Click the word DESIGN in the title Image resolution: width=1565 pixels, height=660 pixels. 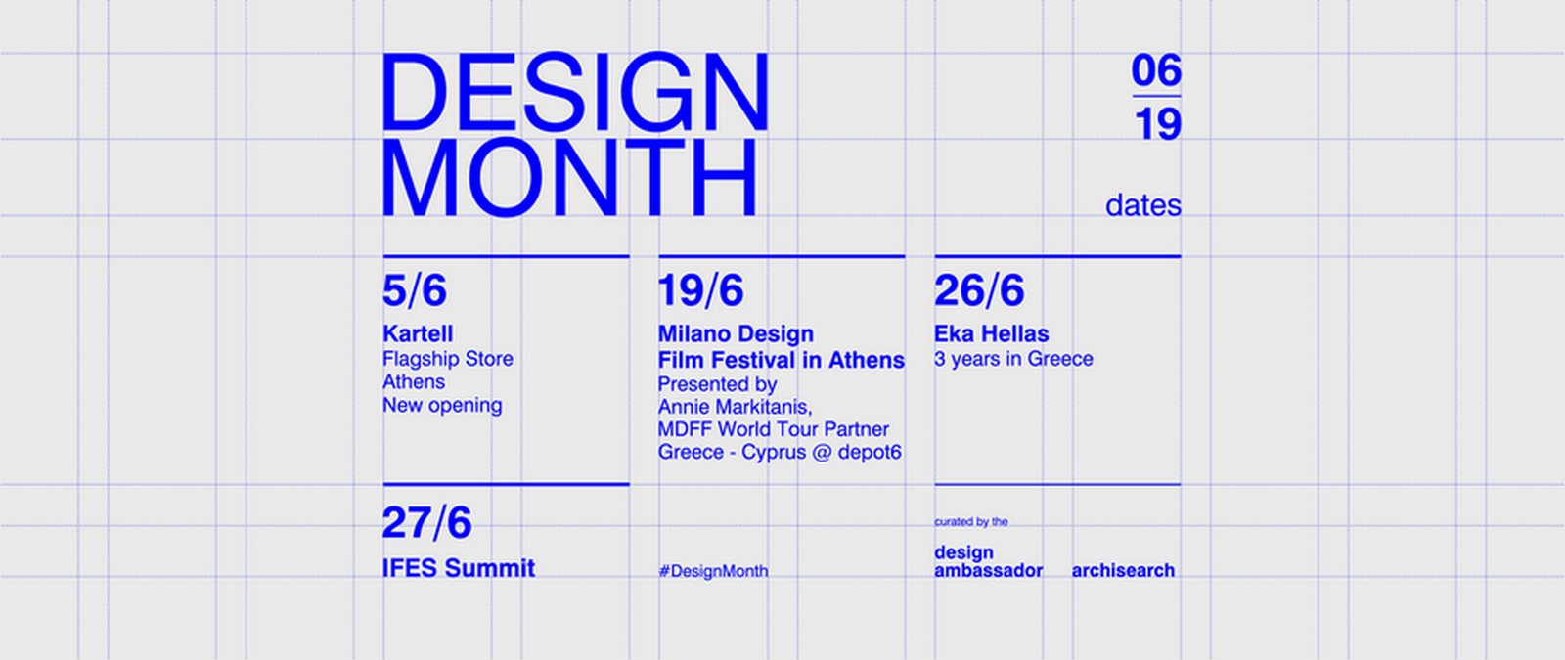point(575,92)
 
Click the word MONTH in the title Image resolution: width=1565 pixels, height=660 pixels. point(569,177)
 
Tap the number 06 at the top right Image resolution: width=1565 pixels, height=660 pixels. point(1156,69)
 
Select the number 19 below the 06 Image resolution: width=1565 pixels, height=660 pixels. point(1158,123)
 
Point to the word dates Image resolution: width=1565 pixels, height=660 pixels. point(1143,205)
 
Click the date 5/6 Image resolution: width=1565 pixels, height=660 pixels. point(415,290)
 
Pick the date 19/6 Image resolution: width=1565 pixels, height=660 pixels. point(700,290)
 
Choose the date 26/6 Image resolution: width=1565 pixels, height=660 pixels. point(979,290)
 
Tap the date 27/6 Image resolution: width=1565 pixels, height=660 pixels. point(426,522)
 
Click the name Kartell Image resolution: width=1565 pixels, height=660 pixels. point(418,333)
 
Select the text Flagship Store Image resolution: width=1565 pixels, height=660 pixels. point(448,359)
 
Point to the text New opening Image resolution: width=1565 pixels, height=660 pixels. point(442,405)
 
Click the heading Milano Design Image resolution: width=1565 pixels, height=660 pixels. point(736,333)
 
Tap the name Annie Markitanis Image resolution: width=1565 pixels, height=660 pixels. point(734,407)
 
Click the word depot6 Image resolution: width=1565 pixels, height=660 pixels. point(870,453)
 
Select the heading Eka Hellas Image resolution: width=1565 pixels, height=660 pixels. point(992,333)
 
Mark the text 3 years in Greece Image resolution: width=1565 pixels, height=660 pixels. point(1013,359)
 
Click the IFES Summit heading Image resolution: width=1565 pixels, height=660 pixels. point(459,568)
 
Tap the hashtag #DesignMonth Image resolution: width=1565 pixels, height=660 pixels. point(713,571)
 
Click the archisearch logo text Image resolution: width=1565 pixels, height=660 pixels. point(1123,571)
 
